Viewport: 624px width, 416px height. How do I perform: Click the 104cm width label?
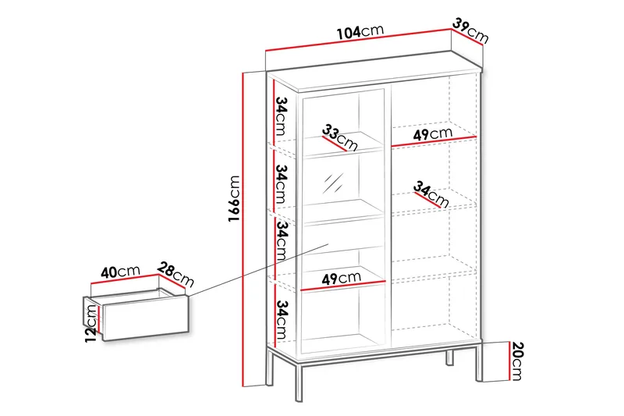[x=360, y=31]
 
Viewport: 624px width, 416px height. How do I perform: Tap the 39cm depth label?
[x=471, y=30]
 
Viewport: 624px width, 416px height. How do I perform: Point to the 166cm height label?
[x=235, y=198]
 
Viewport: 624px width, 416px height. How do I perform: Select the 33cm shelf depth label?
[x=340, y=137]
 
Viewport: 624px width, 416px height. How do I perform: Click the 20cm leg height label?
[x=517, y=361]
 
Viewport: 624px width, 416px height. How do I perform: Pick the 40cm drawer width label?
[x=120, y=272]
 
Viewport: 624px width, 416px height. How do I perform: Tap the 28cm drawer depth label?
[x=175, y=274]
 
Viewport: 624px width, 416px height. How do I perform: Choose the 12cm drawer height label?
[x=91, y=323]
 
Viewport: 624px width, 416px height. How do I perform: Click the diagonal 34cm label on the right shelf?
[x=431, y=194]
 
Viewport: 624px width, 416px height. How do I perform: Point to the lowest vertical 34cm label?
[x=282, y=319]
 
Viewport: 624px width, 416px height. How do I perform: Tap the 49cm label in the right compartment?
[x=433, y=134]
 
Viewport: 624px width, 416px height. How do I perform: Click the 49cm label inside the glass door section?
[x=341, y=279]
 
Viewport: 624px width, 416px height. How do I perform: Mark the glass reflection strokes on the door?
[x=333, y=183]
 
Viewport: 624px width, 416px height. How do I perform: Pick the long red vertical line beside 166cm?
[x=243, y=229]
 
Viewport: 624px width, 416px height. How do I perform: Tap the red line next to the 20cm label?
[x=510, y=361]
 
